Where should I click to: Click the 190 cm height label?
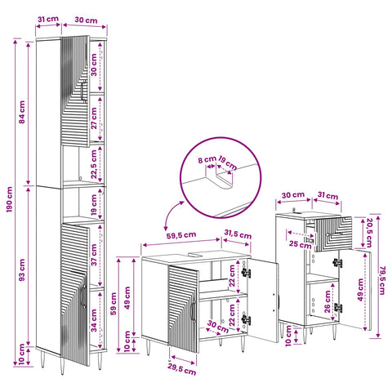[x=10, y=199]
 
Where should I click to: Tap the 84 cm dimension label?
[x=22, y=112]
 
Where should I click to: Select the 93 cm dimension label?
[x=22, y=269]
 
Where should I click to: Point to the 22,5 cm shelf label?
[x=94, y=164]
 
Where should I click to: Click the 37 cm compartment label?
[x=94, y=255]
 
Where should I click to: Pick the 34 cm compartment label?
[x=94, y=320]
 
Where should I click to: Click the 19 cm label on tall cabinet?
[x=94, y=204]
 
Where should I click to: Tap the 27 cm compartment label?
[x=94, y=118]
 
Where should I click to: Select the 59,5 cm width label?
[x=181, y=235]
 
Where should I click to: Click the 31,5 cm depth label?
[x=238, y=234]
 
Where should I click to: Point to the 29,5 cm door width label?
[x=181, y=370]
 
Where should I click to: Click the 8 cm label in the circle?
[x=207, y=159]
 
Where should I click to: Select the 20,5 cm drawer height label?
[x=369, y=233]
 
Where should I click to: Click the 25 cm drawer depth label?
[x=300, y=244]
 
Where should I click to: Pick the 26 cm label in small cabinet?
[x=327, y=301]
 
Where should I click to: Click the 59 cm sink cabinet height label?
[x=114, y=304]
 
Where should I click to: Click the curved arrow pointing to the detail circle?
[x=171, y=214]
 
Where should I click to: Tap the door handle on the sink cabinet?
[x=193, y=310]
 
